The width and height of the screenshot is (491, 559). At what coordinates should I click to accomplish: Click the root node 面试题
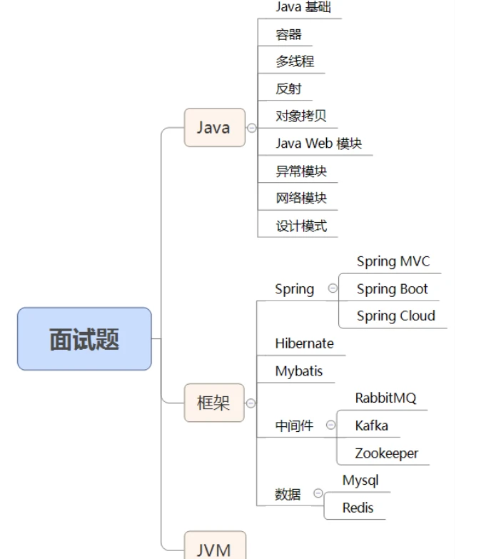(84, 339)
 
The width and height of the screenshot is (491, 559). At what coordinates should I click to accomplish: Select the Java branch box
(214, 128)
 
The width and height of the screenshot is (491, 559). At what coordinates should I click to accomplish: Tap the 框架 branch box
(214, 403)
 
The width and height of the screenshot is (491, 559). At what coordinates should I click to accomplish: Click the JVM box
(214, 548)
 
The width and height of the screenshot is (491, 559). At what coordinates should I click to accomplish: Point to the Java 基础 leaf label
(303, 7)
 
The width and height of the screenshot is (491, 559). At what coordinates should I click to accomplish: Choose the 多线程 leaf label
(295, 61)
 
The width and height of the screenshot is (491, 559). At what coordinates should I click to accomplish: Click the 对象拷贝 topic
(301, 116)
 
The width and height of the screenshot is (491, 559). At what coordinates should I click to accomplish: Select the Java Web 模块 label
(319, 143)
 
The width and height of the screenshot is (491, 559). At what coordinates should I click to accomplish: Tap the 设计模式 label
(301, 226)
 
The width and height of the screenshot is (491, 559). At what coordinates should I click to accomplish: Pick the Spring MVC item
(393, 261)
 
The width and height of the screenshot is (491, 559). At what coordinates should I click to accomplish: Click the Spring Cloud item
(396, 316)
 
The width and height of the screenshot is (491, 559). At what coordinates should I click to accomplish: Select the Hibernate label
(304, 343)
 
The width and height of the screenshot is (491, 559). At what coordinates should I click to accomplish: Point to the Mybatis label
(299, 371)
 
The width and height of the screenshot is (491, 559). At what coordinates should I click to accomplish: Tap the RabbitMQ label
(385, 398)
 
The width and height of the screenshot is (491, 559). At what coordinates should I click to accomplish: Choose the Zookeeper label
(387, 453)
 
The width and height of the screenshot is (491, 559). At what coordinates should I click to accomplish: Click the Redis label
(358, 508)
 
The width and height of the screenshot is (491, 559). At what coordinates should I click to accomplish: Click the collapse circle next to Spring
(333, 288)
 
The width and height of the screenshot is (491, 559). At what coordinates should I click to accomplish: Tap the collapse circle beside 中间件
(330, 425)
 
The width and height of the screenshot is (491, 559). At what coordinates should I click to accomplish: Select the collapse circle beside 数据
(318, 493)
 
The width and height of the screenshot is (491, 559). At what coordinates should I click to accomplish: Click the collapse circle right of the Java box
(251, 128)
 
